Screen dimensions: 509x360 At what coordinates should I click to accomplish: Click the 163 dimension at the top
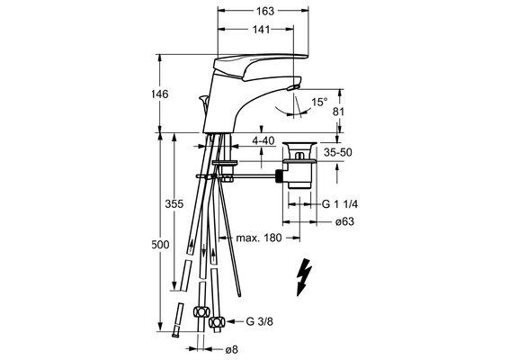(x=265, y=11)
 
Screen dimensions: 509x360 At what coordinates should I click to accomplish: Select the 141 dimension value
(x=262, y=30)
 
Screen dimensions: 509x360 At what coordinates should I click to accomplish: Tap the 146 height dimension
(x=160, y=94)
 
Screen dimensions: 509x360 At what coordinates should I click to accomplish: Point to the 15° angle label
(x=319, y=103)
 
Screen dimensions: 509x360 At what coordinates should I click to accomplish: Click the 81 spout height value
(x=338, y=112)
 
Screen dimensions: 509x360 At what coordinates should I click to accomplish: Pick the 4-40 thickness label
(x=263, y=141)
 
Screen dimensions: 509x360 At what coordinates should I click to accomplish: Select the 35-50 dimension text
(x=337, y=152)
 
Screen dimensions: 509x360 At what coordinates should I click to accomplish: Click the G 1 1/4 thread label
(x=340, y=204)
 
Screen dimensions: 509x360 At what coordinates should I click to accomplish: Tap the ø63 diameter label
(x=344, y=222)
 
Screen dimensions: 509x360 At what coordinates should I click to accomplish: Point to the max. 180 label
(x=259, y=238)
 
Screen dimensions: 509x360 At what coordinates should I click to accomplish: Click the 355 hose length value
(x=174, y=204)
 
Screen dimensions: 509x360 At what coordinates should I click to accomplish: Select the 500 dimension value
(x=160, y=244)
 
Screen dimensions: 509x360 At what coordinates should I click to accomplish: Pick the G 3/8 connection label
(x=259, y=321)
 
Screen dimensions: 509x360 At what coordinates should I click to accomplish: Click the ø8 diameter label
(x=232, y=350)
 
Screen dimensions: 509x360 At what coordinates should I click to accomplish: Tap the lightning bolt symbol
(x=304, y=277)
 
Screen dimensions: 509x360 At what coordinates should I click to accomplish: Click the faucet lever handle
(x=260, y=66)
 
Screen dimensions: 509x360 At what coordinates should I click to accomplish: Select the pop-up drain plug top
(x=299, y=144)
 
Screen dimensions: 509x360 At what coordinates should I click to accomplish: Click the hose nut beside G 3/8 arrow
(x=217, y=322)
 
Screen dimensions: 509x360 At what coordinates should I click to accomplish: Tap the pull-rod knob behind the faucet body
(x=203, y=98)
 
